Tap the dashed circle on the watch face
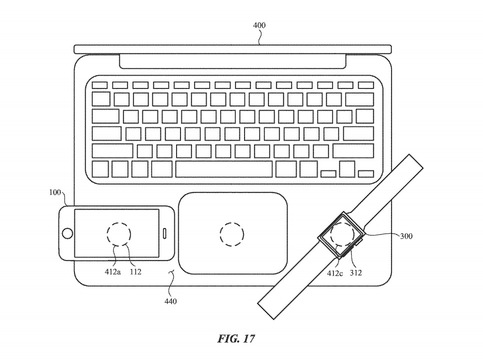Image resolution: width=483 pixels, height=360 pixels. coord(341,235)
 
